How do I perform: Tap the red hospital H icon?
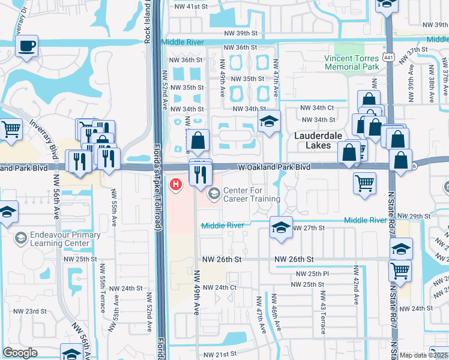pos(176,184)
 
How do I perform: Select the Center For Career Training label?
pos(252,194)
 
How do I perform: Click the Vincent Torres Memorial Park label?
pos(352,62)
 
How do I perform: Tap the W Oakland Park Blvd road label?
pos(275,167)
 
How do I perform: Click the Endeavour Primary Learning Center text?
pos(64,239)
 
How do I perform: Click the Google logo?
pos(20,353)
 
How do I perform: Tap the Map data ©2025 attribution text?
pos(423,355)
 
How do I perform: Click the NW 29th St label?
pos(415,215)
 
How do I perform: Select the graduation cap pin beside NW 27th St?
pos(281,227)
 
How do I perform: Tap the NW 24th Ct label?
pos(220,287)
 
